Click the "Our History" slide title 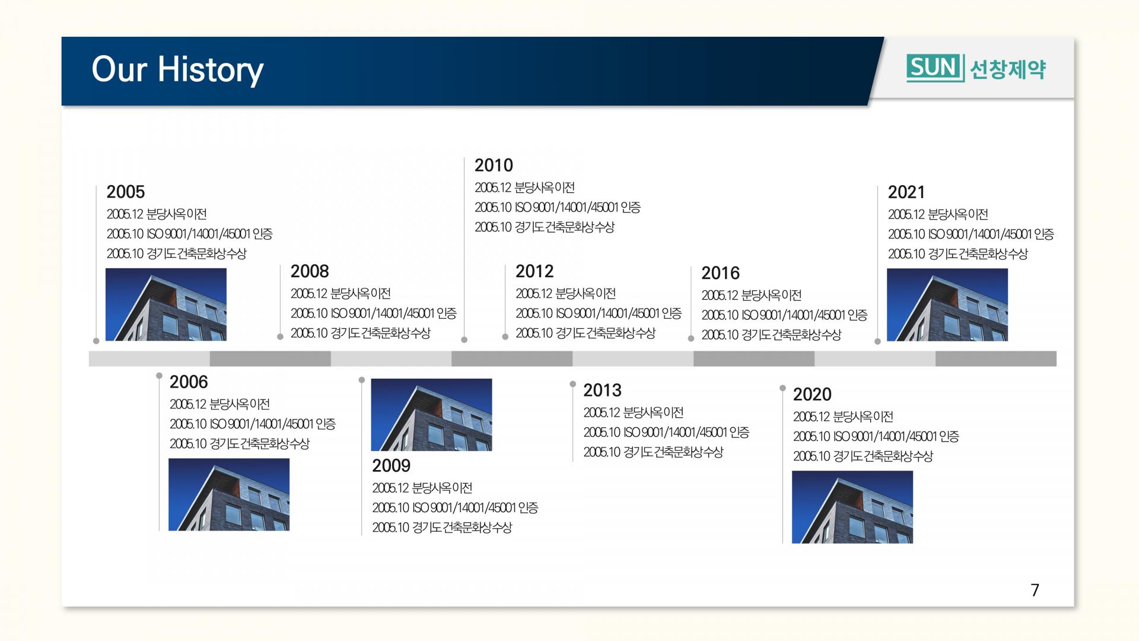tap(177, 70)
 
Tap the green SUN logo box tap(935, 68)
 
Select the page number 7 tap(1035, 590)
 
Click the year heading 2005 tap(126, 192)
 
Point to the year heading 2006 tap(189, 382)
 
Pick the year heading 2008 tap(310, 271)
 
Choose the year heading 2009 tap(392, 465)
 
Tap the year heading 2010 tap(494, 165)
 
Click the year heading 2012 tap(534, 271)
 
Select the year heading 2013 tap(602, 390)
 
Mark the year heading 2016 tap(721, 273)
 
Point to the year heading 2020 tap(812, 394)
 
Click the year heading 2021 tap(906, 192)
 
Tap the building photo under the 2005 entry tap(166, 304)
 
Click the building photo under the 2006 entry tap(229, 494)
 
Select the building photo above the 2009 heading tap(431, 415)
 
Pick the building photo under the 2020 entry tap(852, 507)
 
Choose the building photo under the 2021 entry tap(947, 304)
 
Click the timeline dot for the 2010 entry tap(464, 339)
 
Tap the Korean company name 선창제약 tap(1008, 69)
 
